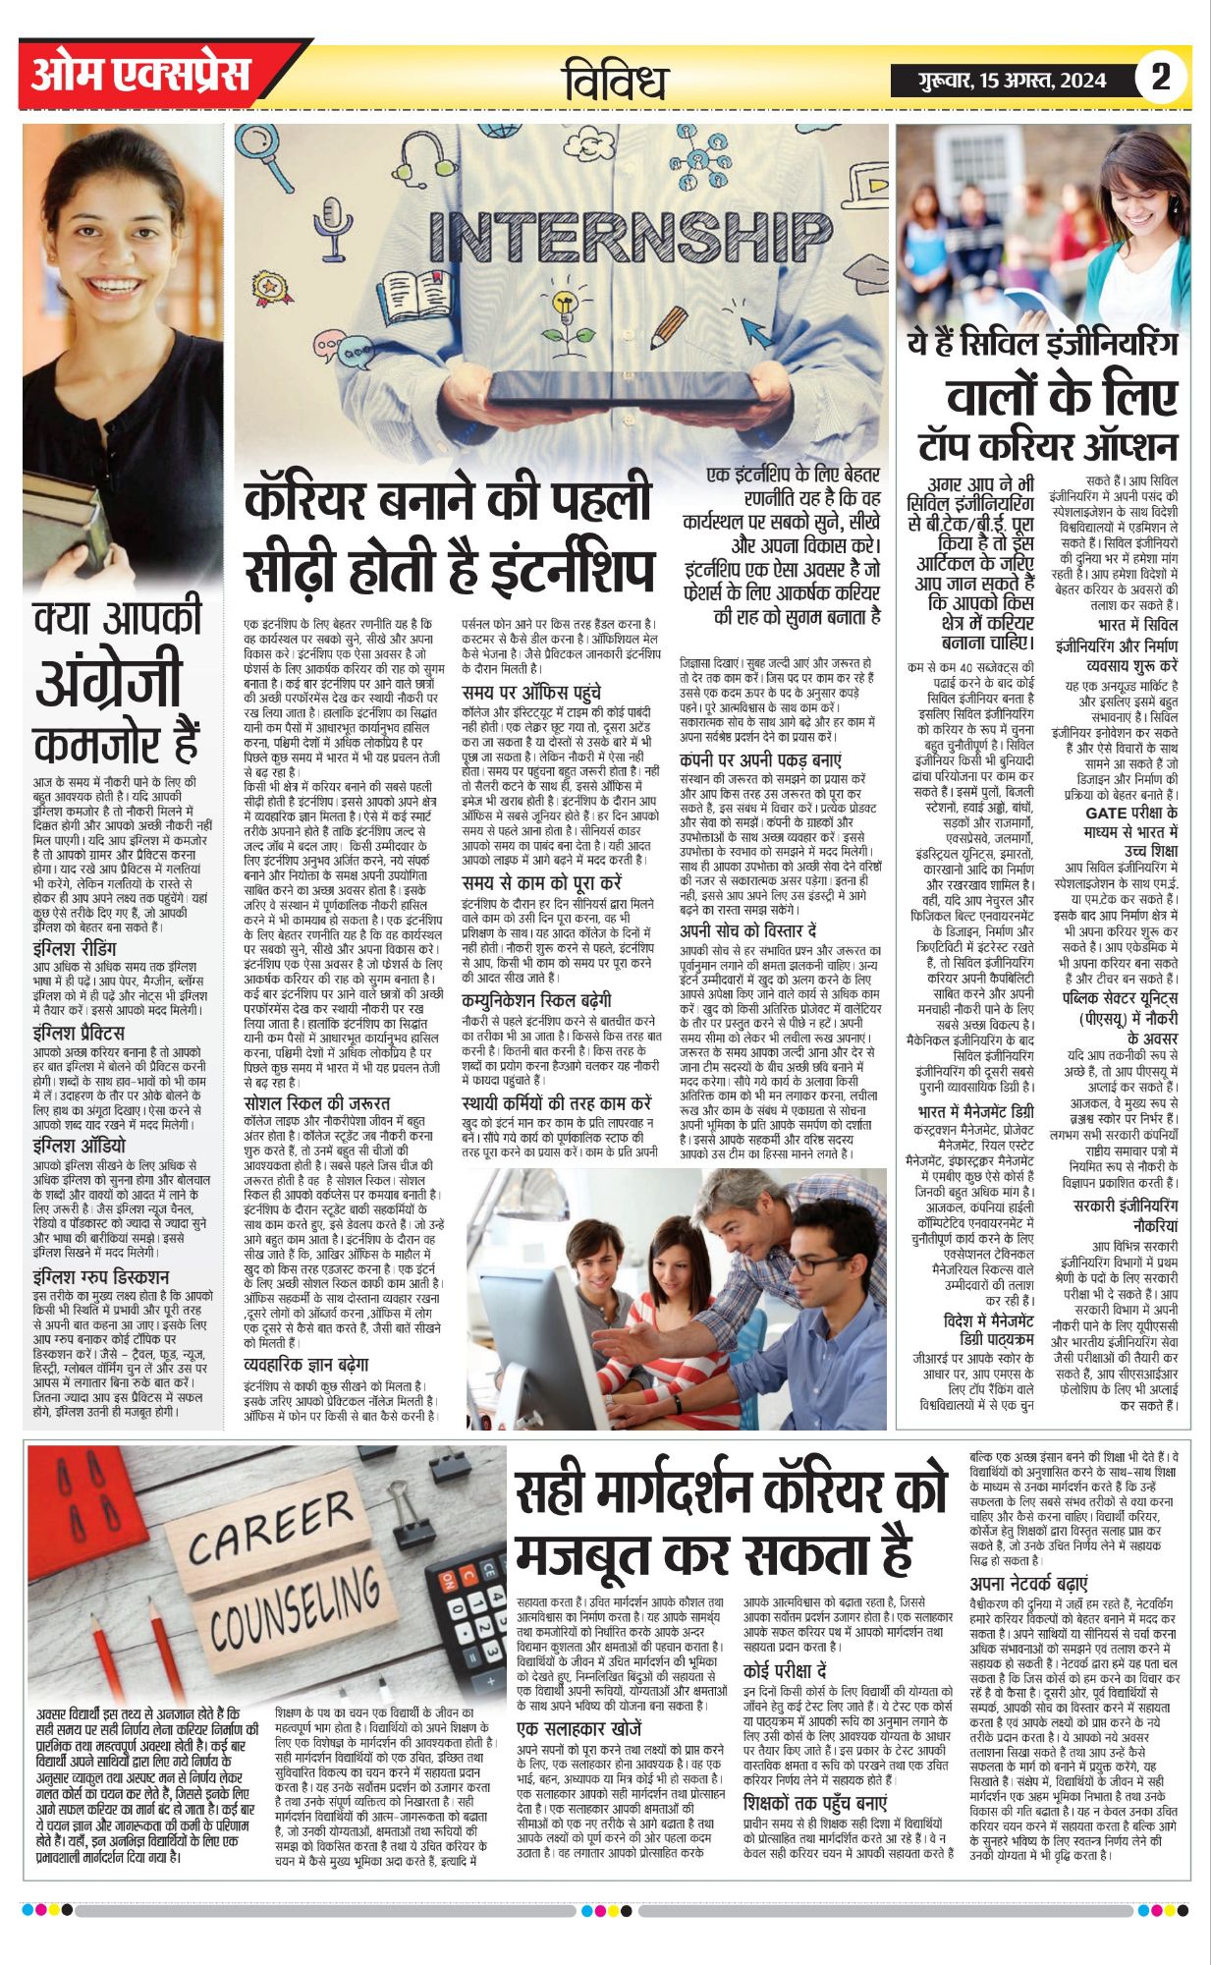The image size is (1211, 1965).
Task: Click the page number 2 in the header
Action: click(1160, 78)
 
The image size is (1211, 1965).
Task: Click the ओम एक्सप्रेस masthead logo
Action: click(141, 75)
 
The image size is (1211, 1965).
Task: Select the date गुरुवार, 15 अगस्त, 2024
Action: click(1012, 81)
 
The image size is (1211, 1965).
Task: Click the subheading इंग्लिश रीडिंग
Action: click(75, 948)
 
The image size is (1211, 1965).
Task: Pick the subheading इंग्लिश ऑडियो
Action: click(79, 1145)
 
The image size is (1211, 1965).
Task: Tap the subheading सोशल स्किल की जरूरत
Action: click(316, 1102)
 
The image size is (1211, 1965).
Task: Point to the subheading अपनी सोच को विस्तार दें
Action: click(748, 929)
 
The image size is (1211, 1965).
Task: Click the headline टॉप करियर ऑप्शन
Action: click(1047, 446)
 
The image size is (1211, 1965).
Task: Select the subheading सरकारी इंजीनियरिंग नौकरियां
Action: click(1125, 1215)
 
